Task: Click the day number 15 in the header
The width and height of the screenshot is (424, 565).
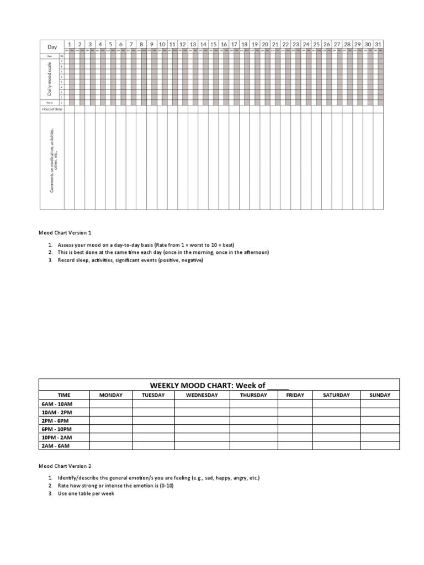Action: click(213, 44)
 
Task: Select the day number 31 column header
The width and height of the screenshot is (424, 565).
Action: click(378, 44)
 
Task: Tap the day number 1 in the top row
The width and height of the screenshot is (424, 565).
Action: click(70, 44)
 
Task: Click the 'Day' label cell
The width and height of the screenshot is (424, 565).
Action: click(52, 47)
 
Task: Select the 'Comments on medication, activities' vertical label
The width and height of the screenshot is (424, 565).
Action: click(53, 161)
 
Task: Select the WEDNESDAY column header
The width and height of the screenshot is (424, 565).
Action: click(202, 395)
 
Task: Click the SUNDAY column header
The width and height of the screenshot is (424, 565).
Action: click(380, 395)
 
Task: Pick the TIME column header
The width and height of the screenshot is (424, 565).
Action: click(64, 395)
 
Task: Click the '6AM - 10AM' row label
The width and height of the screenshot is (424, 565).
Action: click(57, 404)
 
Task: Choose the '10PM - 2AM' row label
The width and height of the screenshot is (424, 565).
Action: click(57, 437)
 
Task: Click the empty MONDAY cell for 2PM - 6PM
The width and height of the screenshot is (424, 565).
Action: click(111, 420)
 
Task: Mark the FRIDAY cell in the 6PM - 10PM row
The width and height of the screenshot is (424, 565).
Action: click(295, 429)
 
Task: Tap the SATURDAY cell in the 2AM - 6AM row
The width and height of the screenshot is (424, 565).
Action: click(336, 445)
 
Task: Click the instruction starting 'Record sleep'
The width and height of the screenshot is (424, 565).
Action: click(130, 260)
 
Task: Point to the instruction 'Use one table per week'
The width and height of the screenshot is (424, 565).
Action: click(86, 493)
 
